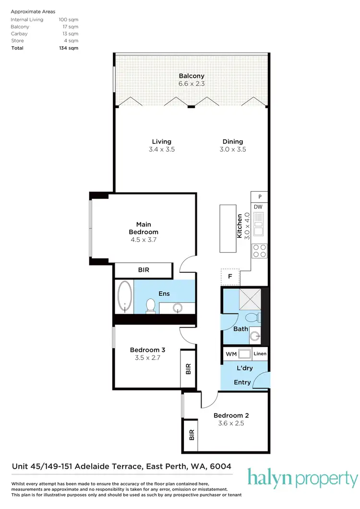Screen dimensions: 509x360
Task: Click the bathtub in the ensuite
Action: [x=125, y=297]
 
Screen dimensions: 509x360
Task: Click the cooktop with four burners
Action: [x=260, y=251]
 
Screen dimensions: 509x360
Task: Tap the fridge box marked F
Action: [x=230, y=277]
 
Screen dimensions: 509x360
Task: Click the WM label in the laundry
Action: [x=230, y=354]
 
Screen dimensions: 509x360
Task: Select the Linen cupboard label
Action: [x=260, y=354]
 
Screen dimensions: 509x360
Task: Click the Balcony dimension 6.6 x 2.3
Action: [x=192, y=84]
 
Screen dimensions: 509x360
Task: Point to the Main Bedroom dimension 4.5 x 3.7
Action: [x=144, y=240]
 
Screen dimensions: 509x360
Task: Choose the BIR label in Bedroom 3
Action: [x=188, y=369]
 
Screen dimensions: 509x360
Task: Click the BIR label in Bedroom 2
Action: [x=191, y=436]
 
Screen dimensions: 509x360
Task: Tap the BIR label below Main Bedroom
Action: [x=144, y=270]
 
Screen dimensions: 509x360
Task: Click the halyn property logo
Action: [x=302, y=479]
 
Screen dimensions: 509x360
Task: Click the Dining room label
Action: [x=233, y=142]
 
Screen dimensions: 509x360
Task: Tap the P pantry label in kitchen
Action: [x=260, y=197]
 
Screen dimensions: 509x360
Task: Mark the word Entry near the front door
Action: [x=242, y=382]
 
